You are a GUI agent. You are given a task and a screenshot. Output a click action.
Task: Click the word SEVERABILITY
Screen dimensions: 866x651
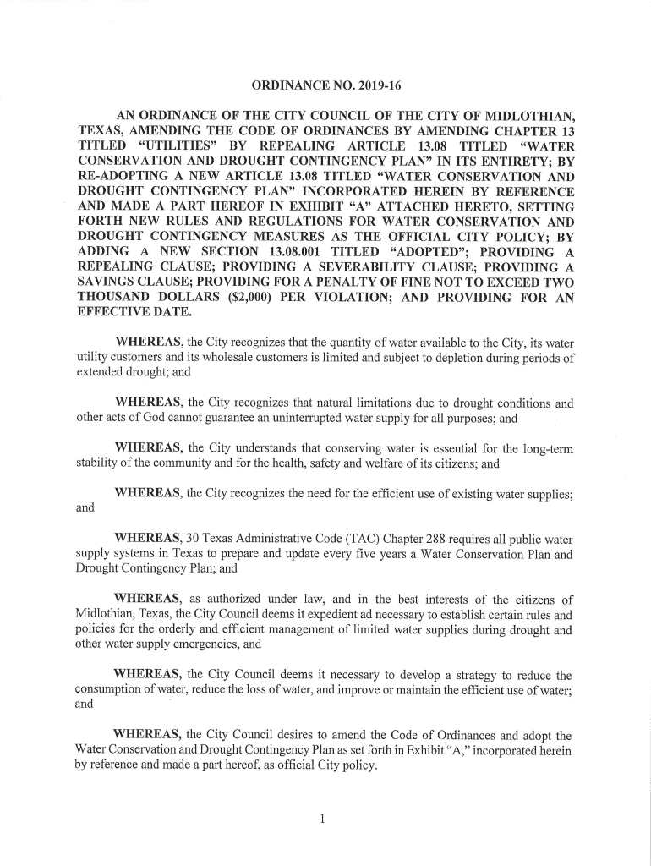point(348,267)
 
